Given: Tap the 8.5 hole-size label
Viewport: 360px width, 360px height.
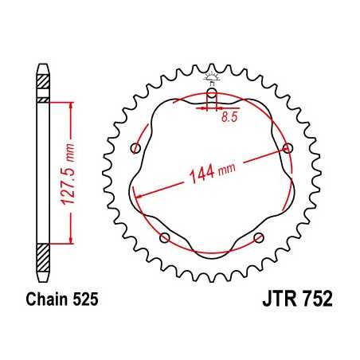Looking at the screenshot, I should (x=229, y=117).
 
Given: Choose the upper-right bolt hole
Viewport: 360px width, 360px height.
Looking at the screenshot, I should (x=288, y=147).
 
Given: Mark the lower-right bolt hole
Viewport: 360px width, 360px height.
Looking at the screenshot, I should (x=258, y=237).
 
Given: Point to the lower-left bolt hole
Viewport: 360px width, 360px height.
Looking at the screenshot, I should (x=165, y=237).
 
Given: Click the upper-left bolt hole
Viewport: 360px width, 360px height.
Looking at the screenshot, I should (x=135, y=148).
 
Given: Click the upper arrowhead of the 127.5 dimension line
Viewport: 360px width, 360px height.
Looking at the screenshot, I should (x=72, y=104).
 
